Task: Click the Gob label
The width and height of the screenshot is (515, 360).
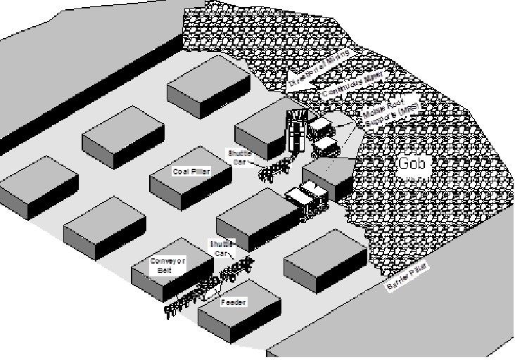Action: click(x=411, y=165)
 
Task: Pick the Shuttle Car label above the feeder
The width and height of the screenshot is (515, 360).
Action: click(x=220, y=247)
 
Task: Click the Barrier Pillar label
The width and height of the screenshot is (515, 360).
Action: click(x=406, y=280)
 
